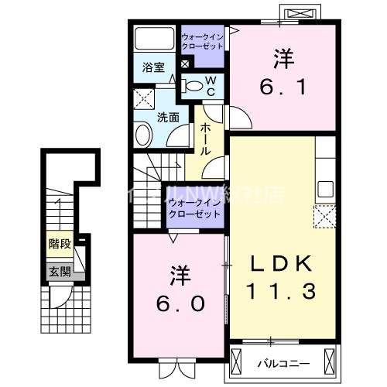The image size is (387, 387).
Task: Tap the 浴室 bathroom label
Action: (152, 67)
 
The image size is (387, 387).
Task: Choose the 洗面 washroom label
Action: (169, 118)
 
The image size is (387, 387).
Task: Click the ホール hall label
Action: (207, 139)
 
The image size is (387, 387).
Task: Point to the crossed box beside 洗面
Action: (144, 98)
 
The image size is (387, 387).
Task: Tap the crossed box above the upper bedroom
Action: (302, 13)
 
